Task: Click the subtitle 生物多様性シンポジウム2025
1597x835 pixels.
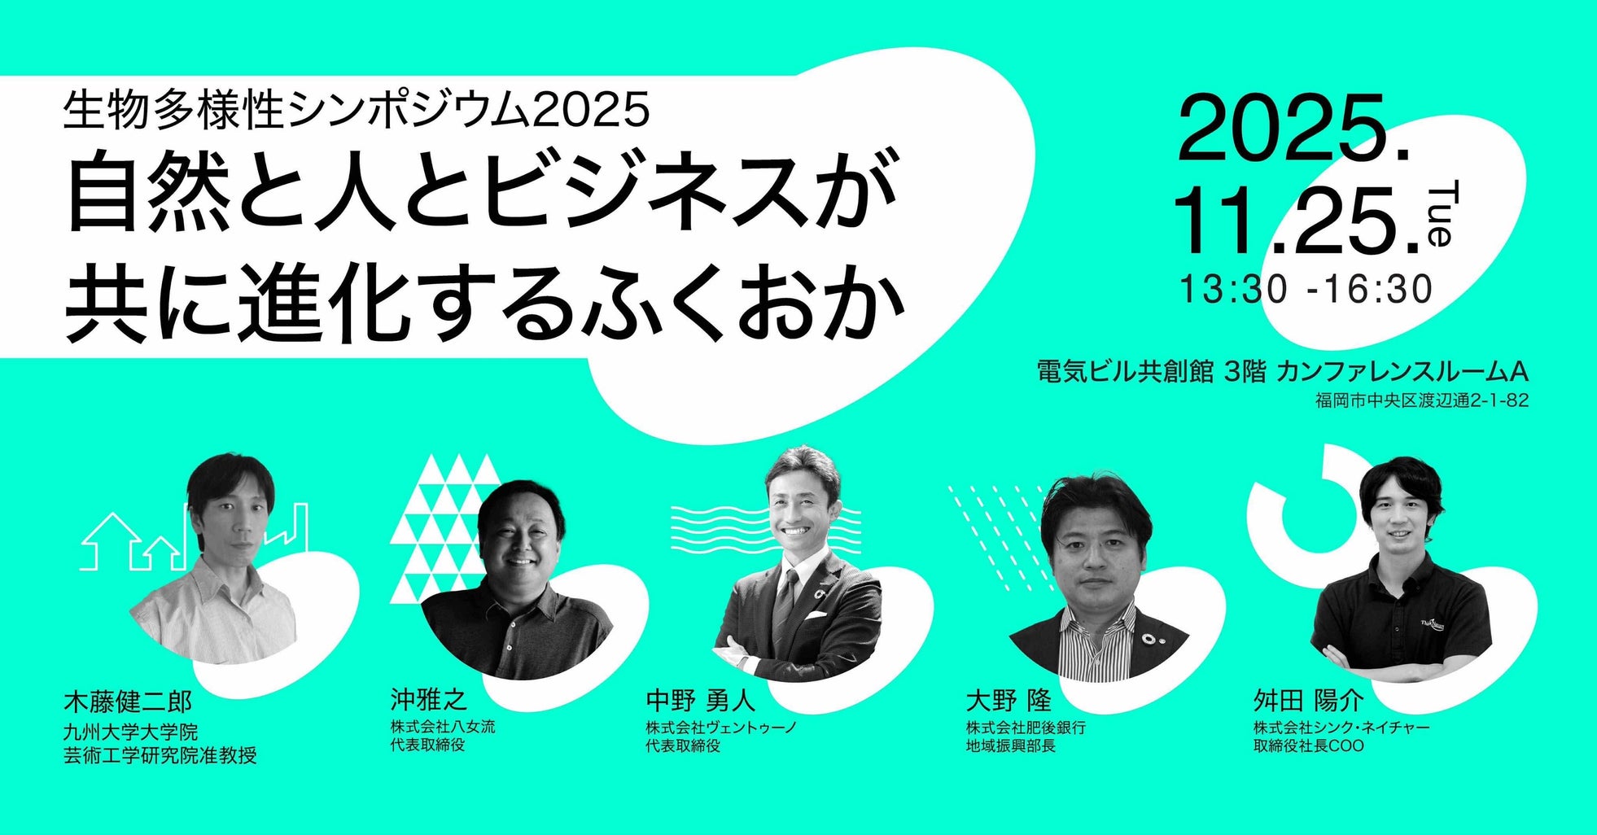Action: tap(357, 110)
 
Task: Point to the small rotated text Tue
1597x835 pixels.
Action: tap(1438, 216)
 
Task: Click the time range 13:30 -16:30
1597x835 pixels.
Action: tap(1306, 289)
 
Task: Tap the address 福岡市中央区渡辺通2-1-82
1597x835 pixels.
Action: tap(1421, 400)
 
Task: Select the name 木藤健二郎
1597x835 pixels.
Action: tap(128, 702)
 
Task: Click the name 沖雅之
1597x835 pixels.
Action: tap(428, 698)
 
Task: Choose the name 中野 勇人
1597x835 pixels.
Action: tap(701, 700)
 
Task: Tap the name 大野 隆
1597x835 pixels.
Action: tap(1009, 700)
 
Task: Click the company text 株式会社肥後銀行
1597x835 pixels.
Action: tap(1026, 727)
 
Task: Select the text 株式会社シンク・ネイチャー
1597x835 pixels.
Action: tap(1341, 727)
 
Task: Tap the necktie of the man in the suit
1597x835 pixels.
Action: tap(785, 602)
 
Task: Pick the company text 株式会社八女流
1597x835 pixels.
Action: tap(442, 726)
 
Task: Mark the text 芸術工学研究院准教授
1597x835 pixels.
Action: tap(160, 755)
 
